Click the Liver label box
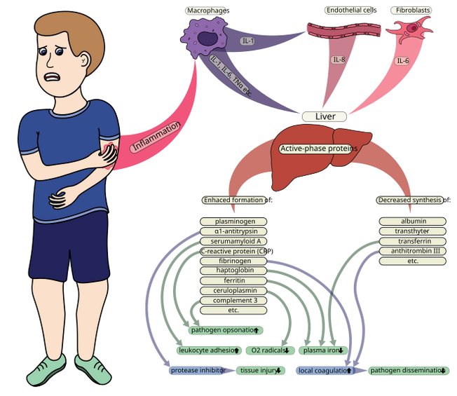click(325, 116)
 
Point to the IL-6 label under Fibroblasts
click(402, 61)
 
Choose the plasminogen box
click(234, 221)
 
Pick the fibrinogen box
click(234, 261)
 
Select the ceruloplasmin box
click(234, 290)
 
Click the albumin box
click(413, 221)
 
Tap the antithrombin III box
click(413, 251)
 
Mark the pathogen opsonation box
click(226, 329)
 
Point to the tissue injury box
click(261, 371)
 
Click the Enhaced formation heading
click(234, 200)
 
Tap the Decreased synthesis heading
click(410, 200)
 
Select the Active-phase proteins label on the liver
click(319, 149)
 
